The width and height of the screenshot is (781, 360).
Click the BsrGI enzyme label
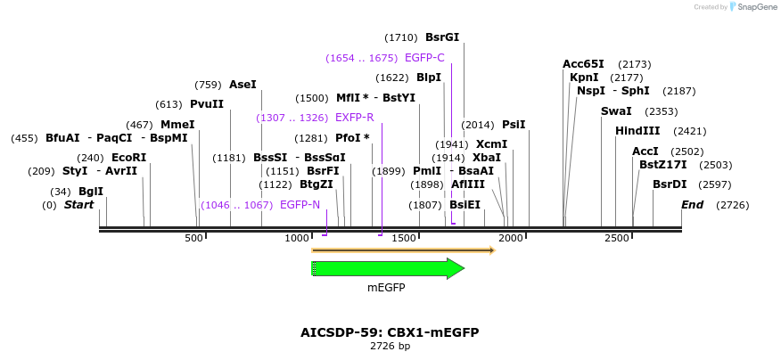pos(442,37)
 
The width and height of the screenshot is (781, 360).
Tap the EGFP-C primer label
pos(424,58)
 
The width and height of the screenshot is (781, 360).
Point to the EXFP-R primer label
pos(355,118)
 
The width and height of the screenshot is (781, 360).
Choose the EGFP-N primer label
pos(300,205)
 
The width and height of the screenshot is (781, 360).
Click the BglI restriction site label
pos(91,192)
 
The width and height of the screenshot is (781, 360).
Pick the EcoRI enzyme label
pos(129,158)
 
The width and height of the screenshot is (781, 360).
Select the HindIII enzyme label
pos(637,131)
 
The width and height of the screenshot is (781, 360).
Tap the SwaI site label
pos(616,111)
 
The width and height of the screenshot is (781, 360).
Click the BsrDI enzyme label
pos(670,184)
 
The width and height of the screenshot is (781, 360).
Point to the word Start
pos(78,205)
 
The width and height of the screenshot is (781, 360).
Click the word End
pos(692,205)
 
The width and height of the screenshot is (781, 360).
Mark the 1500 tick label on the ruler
pos(406,239)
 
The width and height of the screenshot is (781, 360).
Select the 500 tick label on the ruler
pos(194,239)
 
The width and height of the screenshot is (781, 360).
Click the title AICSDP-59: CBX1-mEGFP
pos(390,332)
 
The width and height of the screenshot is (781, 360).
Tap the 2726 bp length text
pos(390,346)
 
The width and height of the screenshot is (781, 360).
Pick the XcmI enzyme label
pos(491,144)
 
